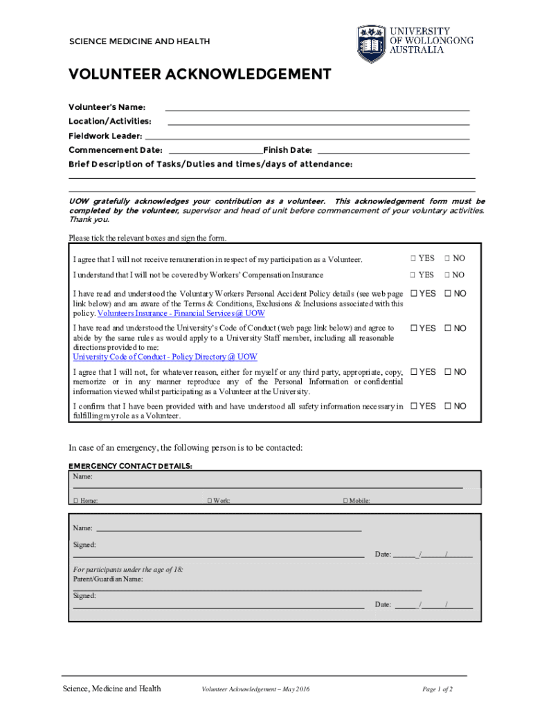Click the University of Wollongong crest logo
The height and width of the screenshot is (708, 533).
372,44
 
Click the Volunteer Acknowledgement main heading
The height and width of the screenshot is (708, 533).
199,75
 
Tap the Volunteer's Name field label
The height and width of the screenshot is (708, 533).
107,107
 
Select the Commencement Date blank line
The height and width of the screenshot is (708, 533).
215,151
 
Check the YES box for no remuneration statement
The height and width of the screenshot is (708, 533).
413,258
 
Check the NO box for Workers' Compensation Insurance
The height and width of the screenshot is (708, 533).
447,275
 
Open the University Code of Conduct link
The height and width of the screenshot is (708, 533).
165,357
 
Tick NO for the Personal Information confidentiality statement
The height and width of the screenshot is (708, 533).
447,372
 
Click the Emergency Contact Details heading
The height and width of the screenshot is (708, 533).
130,466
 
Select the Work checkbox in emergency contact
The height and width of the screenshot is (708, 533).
209,501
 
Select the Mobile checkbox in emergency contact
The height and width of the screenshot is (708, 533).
345,501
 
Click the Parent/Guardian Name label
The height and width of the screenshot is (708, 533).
108,579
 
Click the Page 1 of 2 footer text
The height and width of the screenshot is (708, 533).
437,689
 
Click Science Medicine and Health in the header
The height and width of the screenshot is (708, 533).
139,41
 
